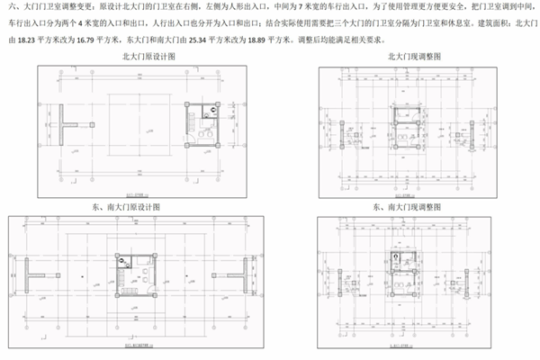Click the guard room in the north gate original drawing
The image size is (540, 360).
coord(206,123)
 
